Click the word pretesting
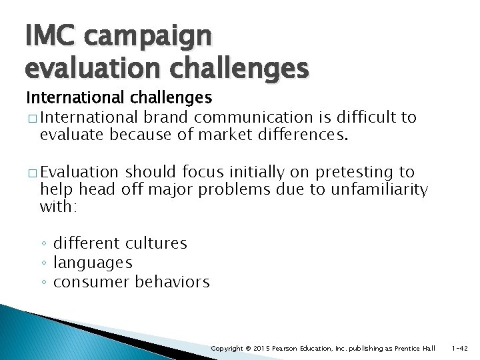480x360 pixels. click(357, 173)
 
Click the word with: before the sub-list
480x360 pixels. click(59, 207)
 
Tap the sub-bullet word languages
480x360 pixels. click(93, 263)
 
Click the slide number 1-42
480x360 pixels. click(459, 349)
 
